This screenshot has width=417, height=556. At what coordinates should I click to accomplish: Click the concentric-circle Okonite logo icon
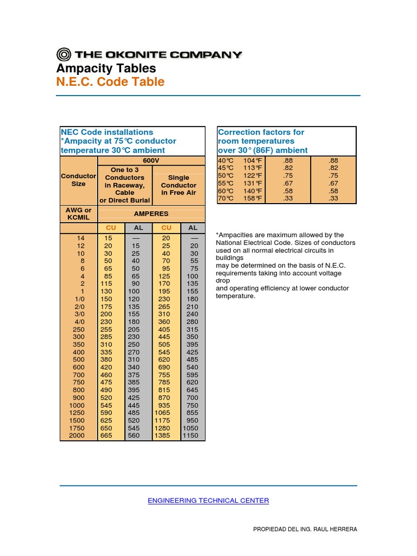tap(64, 54)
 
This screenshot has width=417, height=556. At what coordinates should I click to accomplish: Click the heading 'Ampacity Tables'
tap(106, 68)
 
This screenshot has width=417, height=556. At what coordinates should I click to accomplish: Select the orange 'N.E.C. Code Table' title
tap(110, 82)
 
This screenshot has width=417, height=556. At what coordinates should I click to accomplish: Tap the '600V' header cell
tap(151, 161)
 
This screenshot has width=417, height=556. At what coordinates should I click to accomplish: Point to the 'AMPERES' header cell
tap(151, 214)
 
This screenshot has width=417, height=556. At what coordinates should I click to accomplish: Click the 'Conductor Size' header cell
tap(78, 180)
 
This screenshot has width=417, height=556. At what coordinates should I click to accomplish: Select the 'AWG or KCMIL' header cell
tap(78, 214)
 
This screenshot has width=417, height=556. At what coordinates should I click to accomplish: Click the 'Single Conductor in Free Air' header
tap(179, 185)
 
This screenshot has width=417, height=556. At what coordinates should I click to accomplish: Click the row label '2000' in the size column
tap(77, 435)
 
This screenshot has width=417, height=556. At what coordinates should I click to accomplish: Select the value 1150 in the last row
tap(191, 435)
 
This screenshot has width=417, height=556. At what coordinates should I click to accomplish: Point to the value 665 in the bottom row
tap(107, 435)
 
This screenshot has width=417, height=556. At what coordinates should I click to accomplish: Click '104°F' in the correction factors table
tap(252, 161)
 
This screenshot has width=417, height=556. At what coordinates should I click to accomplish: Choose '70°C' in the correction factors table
tap(225, 199)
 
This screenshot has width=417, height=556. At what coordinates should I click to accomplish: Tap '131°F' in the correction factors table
tap(252, 184)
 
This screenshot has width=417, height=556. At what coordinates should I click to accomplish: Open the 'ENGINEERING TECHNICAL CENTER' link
tap(208, 501)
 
